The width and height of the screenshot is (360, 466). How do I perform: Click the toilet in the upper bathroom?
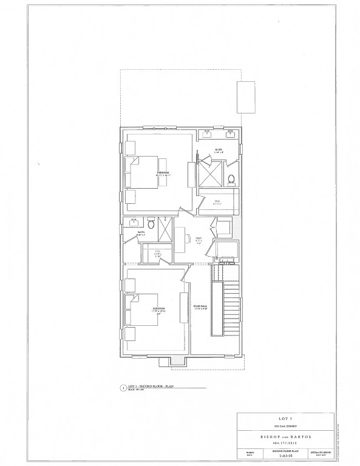point(231,179)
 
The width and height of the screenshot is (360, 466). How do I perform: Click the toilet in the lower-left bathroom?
point(152,226)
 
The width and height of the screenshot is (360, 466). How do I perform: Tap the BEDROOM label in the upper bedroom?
point(163,173)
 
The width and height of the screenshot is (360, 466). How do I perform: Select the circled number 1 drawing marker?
point(123,387)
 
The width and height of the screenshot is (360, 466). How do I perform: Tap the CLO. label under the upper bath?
point(217,203)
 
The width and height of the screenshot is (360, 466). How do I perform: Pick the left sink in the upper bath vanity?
point(207,133)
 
